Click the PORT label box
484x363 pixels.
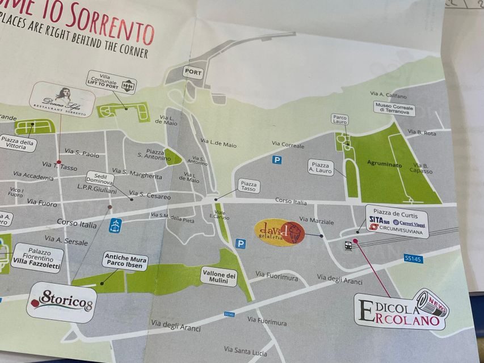(193, 73)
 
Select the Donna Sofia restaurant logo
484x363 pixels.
(62, 99)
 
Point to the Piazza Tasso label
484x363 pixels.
(249, 186)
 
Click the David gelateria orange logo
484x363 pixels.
(279, 232)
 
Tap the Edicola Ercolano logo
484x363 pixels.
(401, 310)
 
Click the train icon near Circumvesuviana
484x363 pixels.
(348, 245)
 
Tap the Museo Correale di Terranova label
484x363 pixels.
(394, 109)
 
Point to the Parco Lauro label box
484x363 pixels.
(340, 120)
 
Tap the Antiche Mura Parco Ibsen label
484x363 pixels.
(125, 263)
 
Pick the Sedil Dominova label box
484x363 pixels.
(100, 179)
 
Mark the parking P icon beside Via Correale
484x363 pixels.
(276, 160)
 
